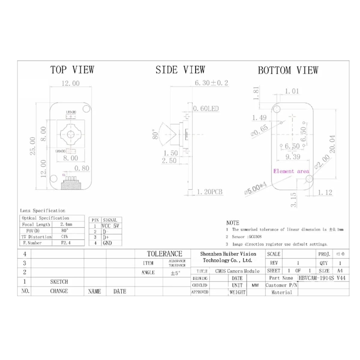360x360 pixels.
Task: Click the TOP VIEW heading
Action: tap(72, 70)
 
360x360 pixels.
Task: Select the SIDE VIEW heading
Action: tap(180, 70)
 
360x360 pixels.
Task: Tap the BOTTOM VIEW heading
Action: tap(288, 70)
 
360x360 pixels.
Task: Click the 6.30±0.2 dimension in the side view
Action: tap(211, 83)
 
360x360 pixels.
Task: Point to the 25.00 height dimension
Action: tap(33, 146)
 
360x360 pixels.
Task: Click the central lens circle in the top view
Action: tap(70, 134)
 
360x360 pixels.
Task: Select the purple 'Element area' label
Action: tap(291, 171)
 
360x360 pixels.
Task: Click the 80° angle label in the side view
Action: tap(155, 134)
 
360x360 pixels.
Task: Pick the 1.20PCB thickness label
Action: tap(210, 192)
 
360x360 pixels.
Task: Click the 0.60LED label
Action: tap(206, 109)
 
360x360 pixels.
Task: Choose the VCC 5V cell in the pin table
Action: tap(111, 226)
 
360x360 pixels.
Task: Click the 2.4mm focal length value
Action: tap(66, 224)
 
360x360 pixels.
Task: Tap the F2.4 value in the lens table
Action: tap(66, 243)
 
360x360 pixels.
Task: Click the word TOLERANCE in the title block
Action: tap(164, 254)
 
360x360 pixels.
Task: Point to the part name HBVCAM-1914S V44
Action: tap(322, 278)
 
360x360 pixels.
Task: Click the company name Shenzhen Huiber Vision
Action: tap(228, 254)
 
